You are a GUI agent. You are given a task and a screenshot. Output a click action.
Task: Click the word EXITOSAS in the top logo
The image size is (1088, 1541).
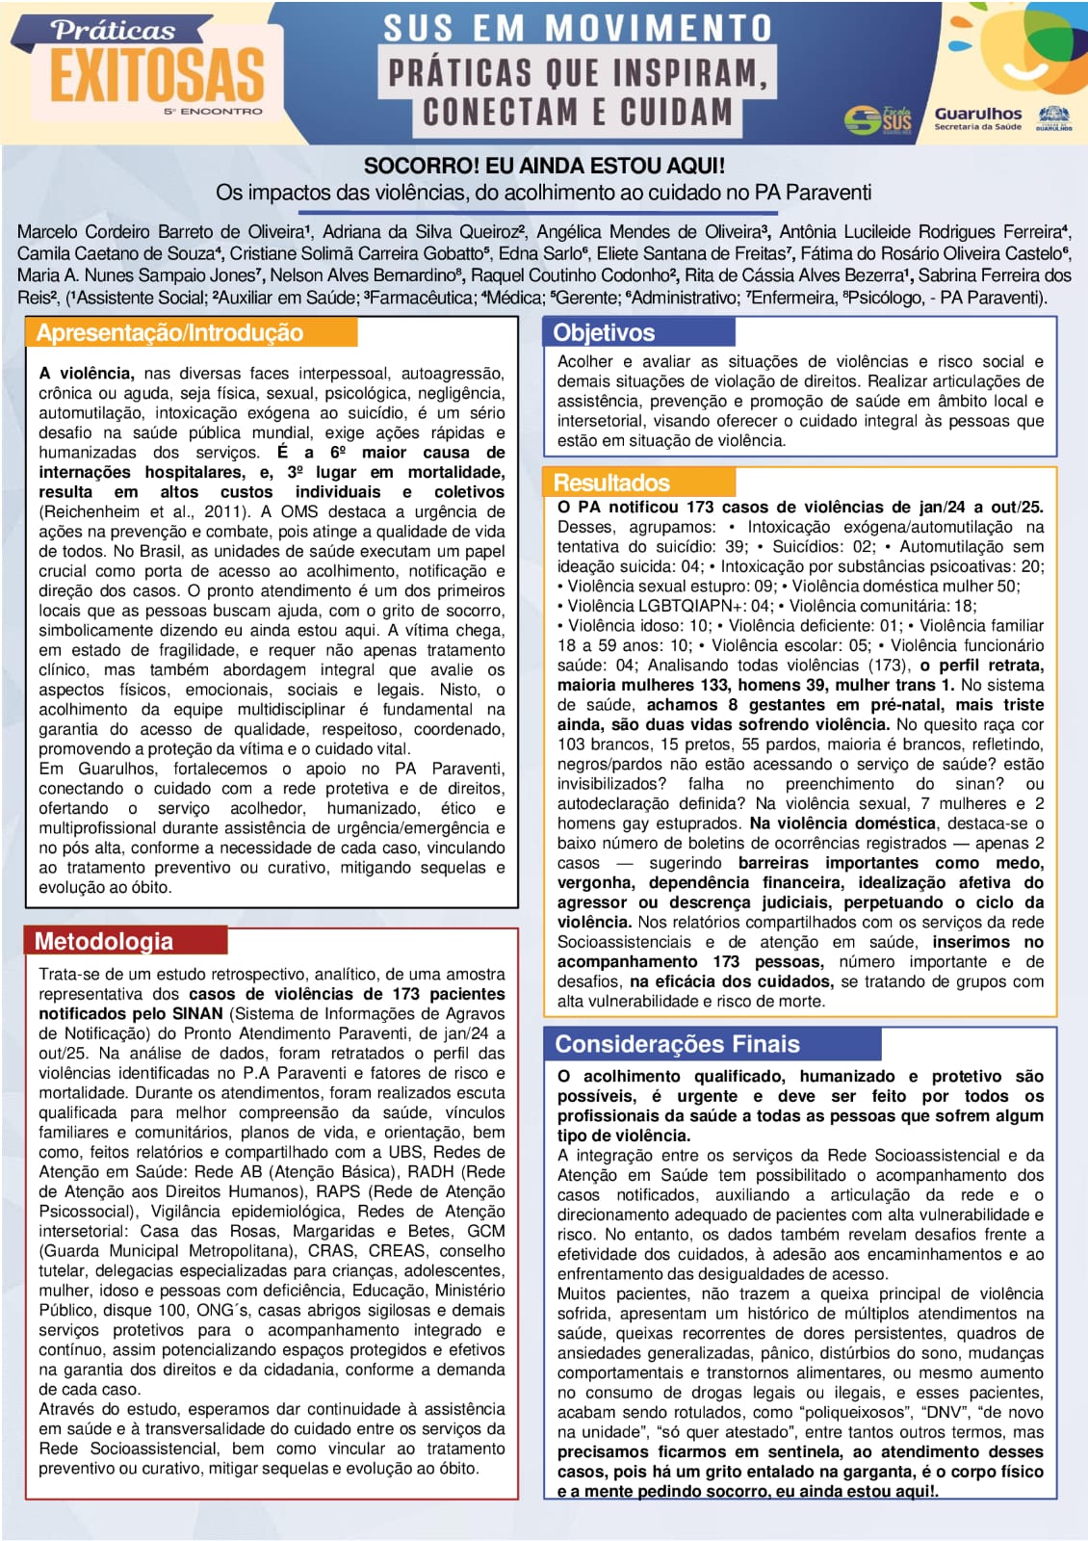coord(157,76)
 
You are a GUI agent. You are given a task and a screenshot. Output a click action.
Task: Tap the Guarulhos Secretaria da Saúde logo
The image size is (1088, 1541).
coord(977,118)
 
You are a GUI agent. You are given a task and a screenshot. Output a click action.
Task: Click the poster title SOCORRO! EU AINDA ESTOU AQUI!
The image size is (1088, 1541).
coord(544,166)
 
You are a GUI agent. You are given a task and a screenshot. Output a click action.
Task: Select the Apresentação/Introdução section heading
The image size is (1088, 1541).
coord(169,333)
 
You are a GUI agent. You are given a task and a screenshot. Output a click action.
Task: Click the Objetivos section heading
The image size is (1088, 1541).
coord(604,333)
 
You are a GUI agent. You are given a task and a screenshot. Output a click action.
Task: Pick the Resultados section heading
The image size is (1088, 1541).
coord(611,483)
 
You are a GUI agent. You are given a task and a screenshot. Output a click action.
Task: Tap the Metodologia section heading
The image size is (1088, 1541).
coord(104,941)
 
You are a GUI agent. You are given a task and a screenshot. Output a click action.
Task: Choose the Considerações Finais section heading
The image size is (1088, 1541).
coord(677,1044)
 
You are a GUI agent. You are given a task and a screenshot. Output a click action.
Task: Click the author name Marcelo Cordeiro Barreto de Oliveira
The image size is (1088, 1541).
coord(162,232)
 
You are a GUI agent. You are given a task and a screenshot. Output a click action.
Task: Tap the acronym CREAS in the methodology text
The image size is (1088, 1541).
coord(397,1250)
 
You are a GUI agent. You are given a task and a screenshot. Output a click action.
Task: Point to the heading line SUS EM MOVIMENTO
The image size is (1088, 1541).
coord(578,28)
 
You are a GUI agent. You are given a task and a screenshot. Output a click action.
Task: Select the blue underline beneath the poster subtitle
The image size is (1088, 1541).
coord(538,212)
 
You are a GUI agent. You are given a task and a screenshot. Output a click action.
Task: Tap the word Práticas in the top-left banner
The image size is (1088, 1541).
coord(113,31)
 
